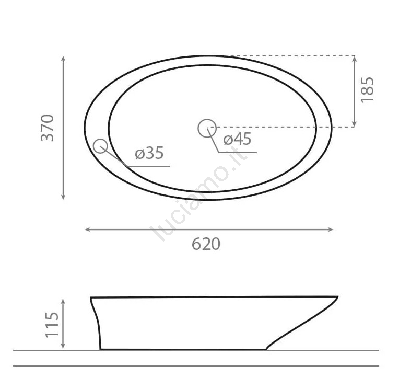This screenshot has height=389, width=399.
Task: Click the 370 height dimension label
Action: (48, 128)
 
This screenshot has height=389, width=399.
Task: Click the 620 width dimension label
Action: (206, 244)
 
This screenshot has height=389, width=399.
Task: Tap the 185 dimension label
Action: (368, 90)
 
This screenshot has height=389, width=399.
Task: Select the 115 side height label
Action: (52, 325)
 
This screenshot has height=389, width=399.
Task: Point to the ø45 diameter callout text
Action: (237, 139)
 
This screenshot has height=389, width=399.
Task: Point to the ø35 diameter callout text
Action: (149, 153)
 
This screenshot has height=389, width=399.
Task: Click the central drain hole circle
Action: (207, 128)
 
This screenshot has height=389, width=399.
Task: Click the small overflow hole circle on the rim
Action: (100, 146)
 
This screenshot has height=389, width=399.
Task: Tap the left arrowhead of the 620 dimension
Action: (87, 230)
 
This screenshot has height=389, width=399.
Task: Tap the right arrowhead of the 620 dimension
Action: (331, 230)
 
